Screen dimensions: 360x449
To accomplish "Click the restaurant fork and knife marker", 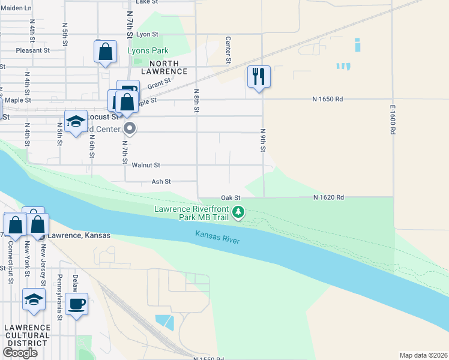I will [259, 76].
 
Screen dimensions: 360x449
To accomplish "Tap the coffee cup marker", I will [76, 303].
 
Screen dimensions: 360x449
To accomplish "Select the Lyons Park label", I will [148, 51].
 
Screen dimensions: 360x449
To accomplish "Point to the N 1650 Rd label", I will [327, 98].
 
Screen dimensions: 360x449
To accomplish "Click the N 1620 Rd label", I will [328, 197].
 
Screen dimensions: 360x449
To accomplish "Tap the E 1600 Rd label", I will [393, 124].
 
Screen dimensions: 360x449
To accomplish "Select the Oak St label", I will [231, 197].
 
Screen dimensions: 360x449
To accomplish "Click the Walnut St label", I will [146, 164].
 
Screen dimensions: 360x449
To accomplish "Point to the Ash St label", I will [161, 181].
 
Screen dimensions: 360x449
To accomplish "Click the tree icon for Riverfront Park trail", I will [238, 212].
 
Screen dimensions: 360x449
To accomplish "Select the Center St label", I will [228, 50].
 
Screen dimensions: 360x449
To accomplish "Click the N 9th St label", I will [263, 140].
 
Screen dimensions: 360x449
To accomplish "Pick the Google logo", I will [20, 353].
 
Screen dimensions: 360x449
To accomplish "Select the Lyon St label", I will [147, 35].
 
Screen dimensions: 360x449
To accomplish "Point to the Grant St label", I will [159, 85].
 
